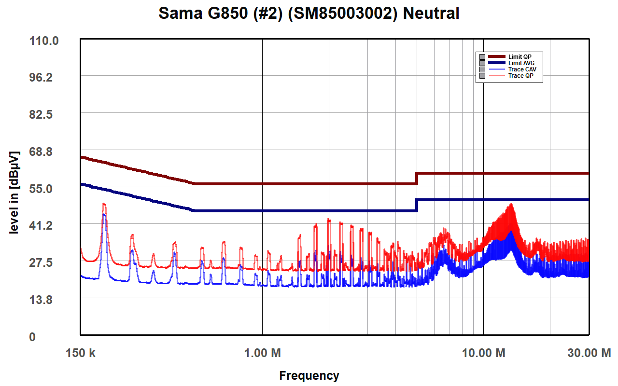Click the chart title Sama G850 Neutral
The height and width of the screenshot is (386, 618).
309,13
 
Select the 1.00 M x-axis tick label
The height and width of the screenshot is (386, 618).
262,353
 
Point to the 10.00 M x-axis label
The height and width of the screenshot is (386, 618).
483,353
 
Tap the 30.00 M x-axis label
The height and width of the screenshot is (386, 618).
588,353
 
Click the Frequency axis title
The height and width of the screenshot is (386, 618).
309,375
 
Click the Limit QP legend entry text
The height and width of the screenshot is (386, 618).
520,57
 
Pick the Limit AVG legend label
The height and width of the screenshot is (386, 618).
521,63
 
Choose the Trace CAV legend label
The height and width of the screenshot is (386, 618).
522,69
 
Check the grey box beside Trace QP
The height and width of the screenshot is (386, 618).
482,76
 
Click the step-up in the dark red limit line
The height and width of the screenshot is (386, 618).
417,178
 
